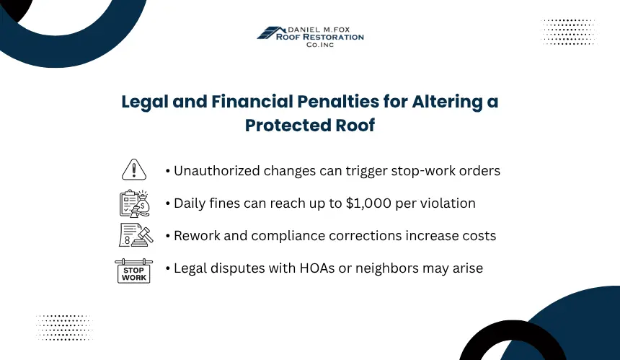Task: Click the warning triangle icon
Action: [x=134, y=170]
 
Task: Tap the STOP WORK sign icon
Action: [x=133, y=271]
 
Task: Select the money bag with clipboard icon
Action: [x=135, y=203]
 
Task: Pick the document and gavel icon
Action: [x=136, y=235]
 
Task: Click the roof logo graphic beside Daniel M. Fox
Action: [x=271, y=33]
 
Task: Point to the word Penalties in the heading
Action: [x=338, y=101]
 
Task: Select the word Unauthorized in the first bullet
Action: [x=217, y=170]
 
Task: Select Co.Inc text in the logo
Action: [x=320, y=45]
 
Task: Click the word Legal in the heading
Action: [x=145, y=102]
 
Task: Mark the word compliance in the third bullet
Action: [x=288, y=236]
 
